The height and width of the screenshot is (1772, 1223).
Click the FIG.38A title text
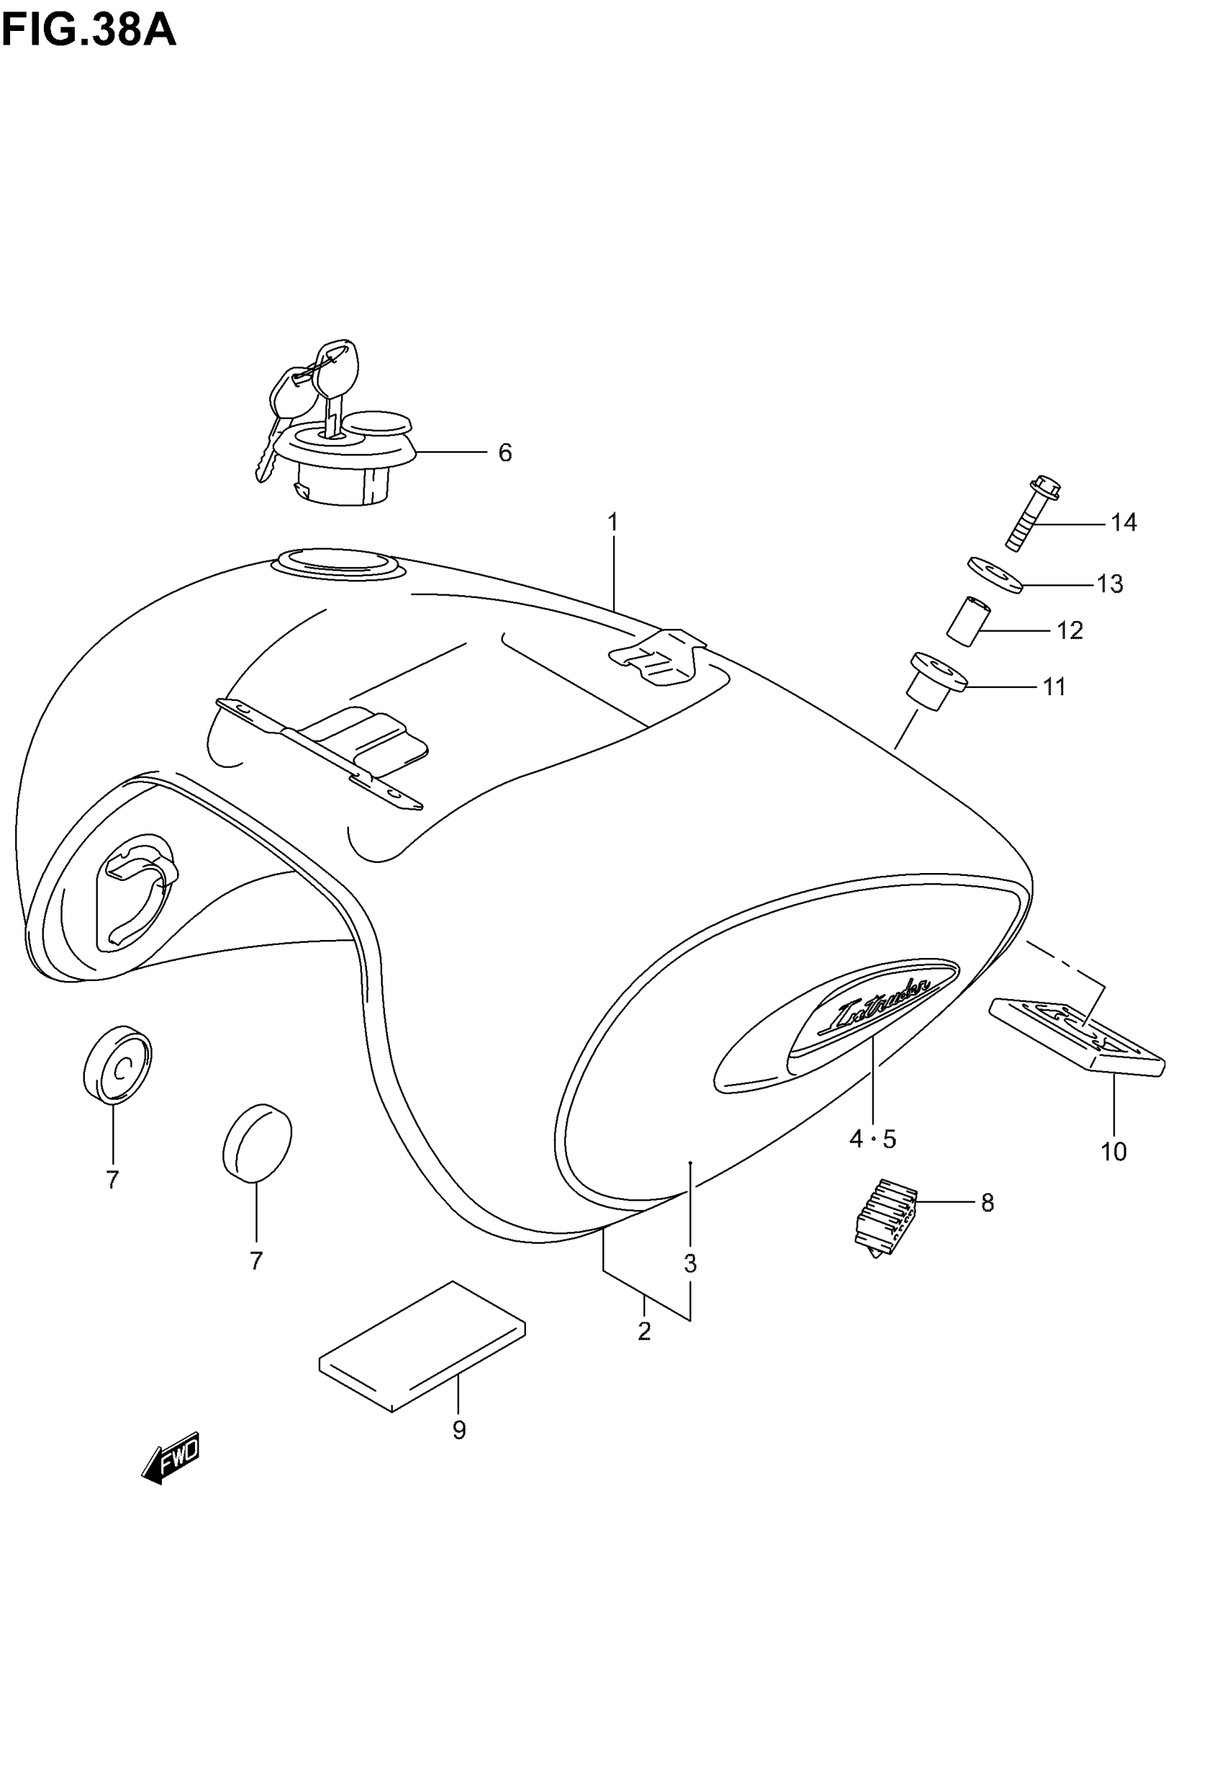(x=89, y=32)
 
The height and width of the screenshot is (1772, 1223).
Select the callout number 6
(x=505, y=453)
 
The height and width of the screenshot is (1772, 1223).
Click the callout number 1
(x=613, y=523)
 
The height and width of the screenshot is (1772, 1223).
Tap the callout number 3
(x=691, y=1263)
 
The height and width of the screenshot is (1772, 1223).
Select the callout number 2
(x=645, y=1332)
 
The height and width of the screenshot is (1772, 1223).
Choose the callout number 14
(x=1124, y=523)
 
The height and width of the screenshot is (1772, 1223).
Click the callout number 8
(x=987, y=1203)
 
